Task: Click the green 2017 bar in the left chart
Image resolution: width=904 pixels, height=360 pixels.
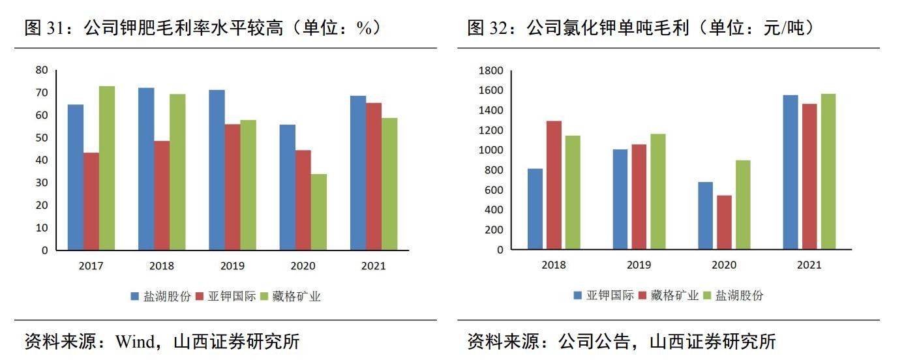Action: [107, 168]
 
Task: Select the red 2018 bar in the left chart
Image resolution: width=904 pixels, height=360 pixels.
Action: [162, 196]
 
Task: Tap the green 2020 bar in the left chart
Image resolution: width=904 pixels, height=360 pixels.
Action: [319, 212]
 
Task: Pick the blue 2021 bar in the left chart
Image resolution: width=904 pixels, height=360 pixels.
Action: [358, 173]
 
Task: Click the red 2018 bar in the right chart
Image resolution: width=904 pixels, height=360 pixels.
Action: [554, 185]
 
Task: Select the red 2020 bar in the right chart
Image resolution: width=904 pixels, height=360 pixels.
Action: [724, 222]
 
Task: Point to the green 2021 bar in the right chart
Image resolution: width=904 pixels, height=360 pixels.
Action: [828, 172]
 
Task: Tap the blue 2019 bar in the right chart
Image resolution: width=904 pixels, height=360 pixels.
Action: [620, 200]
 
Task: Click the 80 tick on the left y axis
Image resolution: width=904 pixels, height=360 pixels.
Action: [42, 70]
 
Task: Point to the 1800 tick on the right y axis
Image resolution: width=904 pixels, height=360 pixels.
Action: [490, 70]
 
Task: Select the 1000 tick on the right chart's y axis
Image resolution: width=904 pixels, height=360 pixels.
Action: [490, 150]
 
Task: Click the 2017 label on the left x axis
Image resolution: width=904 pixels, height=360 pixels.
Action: [91, 266]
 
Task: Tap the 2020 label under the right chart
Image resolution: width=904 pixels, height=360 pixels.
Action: [724, 265]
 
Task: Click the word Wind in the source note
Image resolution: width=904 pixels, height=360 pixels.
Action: [136, 341]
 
